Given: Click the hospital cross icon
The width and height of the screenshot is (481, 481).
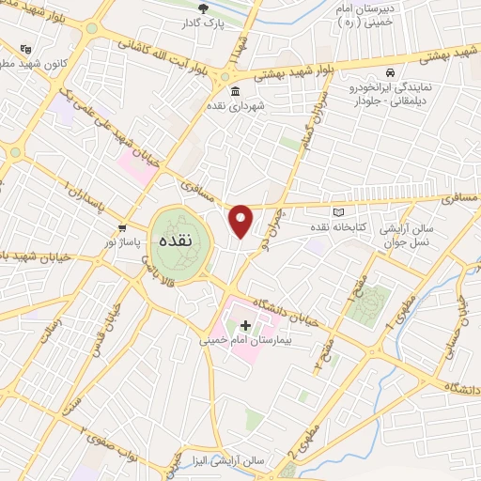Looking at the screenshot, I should (x=246, y=325).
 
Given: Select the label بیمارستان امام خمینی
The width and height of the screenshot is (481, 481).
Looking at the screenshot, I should (x=244, y=342).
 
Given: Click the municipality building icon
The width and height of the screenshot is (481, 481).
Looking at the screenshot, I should (x=233, y=92).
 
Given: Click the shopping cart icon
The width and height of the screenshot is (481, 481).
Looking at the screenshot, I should (x=122, y=228).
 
